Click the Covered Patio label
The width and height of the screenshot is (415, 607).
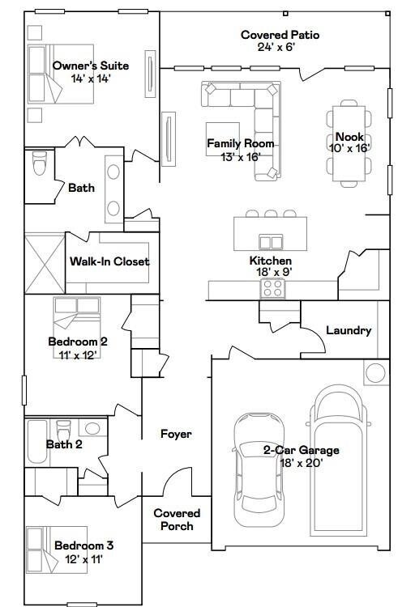[x=280, y=35]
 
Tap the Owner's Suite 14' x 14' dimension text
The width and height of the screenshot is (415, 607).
[x=91, y=79]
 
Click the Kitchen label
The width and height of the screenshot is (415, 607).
[x=270, y=261]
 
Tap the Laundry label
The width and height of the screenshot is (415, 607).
[x=349, y=330]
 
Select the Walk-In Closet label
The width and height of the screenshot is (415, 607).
[x=109, y=261]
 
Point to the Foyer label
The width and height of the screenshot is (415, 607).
[x=176, y=435]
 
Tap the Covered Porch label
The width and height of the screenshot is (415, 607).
[x=177, y=520]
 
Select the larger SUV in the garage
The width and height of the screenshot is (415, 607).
[x=340, y=453]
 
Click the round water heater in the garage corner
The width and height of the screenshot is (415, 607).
[x=376, y=373]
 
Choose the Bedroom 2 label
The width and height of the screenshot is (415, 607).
[x=78, y=342]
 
